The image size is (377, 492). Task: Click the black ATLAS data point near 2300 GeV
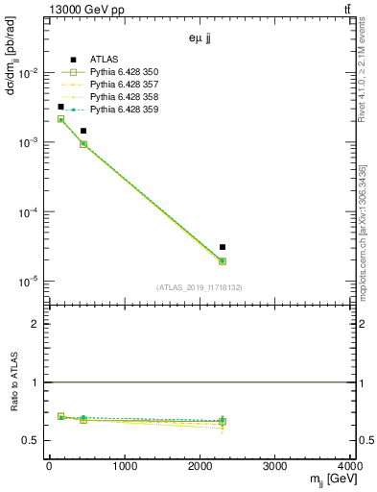pyautogui.click(x=223, y=247)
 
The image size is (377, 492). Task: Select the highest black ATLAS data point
pyautogui.click(x=60, y=107)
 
